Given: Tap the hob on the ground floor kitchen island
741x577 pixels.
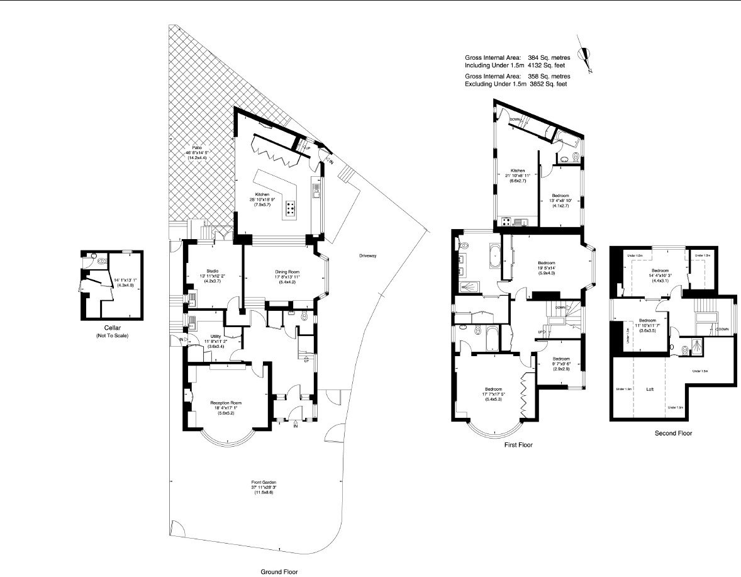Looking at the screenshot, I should coord(291,208).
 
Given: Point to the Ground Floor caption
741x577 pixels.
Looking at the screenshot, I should coord(279,572).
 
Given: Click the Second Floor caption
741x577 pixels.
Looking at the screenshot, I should coord(673,433).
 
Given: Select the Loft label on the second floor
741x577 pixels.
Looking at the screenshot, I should coord(649,389).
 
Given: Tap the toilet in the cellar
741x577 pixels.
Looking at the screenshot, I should coord(92,257).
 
